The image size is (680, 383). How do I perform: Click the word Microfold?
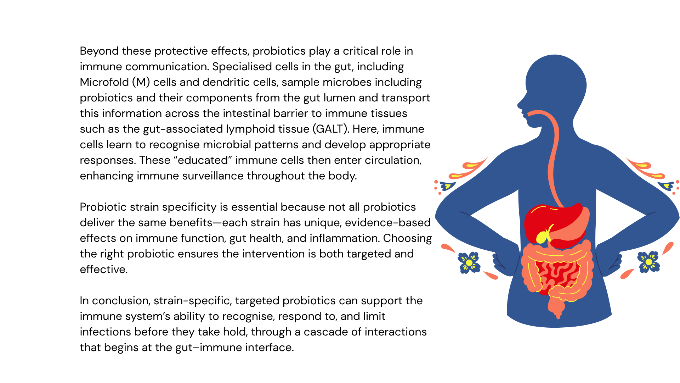(104, 82)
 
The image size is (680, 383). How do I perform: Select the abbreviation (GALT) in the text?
(330, 129)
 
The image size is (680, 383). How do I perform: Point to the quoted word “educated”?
(203, 160)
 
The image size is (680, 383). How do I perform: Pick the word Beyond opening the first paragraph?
(99, 51)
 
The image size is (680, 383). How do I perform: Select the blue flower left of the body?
(469, 262)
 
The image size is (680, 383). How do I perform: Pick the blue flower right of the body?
(648, 262)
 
